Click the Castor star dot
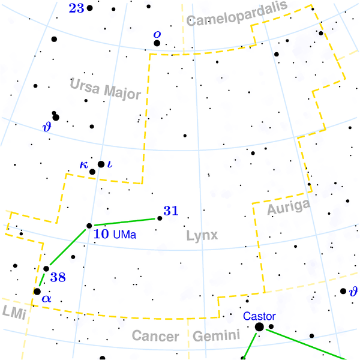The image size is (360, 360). point(259,326)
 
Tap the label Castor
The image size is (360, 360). point(259,316)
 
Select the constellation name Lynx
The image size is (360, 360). point(201,235)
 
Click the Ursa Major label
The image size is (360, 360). point(105,89)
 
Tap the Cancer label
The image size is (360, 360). point(155,337)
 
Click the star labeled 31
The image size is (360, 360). point(160,218)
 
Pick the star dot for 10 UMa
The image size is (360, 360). point(89,226)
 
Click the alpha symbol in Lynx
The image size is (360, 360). point(47,298)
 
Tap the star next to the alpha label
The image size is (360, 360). point(37,292)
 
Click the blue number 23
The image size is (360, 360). point(76,8)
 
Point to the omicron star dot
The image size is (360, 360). point(157,43)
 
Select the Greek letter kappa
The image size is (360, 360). point(83,165)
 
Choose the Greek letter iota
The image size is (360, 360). point(110,164)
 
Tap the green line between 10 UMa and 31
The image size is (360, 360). point(125,222)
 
